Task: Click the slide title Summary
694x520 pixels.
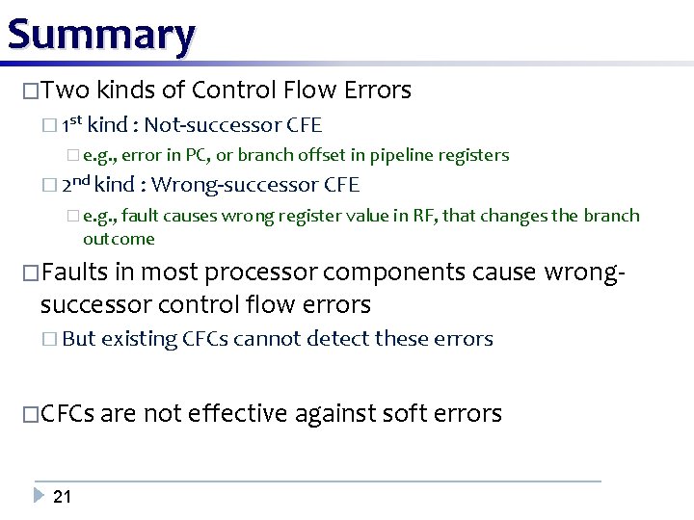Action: tap(100, 35)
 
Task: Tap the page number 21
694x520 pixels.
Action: tap(62, 497)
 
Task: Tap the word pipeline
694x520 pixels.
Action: tap(404, 155)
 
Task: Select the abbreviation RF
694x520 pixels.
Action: tap(424, 216)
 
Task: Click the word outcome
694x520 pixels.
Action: tap(119, 238)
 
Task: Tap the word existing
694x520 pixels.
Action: tap(140, 339)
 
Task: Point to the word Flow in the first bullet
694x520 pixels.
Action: tap(308, 91)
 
